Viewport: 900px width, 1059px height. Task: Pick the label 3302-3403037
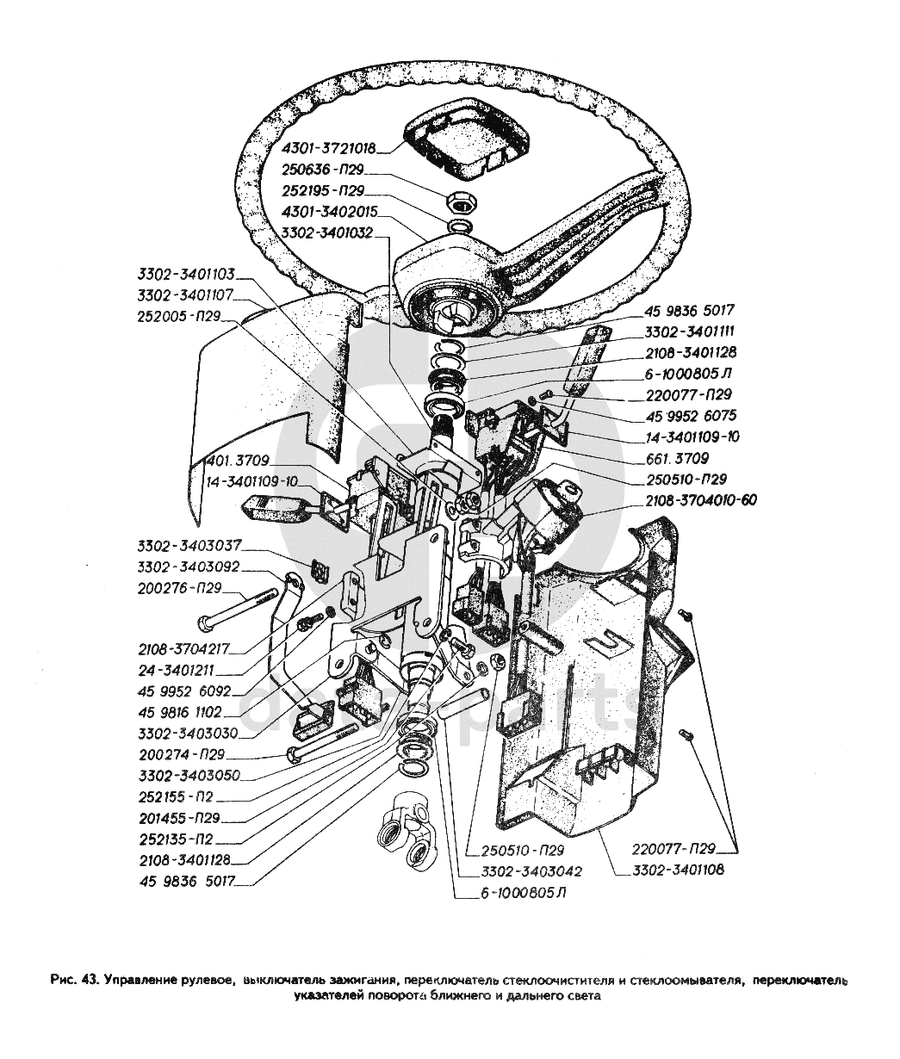(189, 546)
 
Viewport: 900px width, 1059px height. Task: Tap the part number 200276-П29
(178, 589)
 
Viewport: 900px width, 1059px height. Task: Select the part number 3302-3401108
(678, 870)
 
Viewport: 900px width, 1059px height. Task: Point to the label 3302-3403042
(520, 870)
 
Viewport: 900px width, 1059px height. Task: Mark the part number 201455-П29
(178, 817)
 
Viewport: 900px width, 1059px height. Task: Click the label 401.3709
(238, 461)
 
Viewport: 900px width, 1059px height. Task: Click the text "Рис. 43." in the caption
(74, 981)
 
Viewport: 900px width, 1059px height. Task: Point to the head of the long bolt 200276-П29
(205, 622)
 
